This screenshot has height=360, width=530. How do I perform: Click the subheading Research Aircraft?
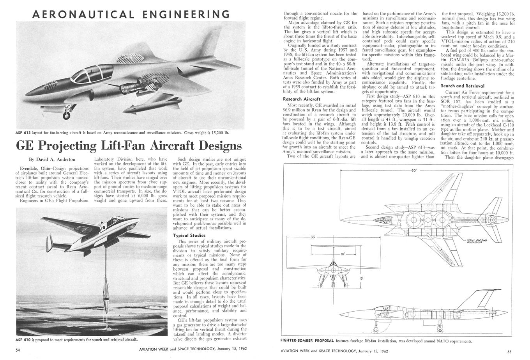point(302,99)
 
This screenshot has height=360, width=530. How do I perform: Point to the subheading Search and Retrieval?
point(463,86)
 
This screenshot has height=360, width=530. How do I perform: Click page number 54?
point(18,350)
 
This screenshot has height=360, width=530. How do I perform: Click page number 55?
point(515,350)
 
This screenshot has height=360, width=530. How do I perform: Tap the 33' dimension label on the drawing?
point(313,237)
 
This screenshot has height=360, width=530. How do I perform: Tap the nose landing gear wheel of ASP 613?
point(66,116)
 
